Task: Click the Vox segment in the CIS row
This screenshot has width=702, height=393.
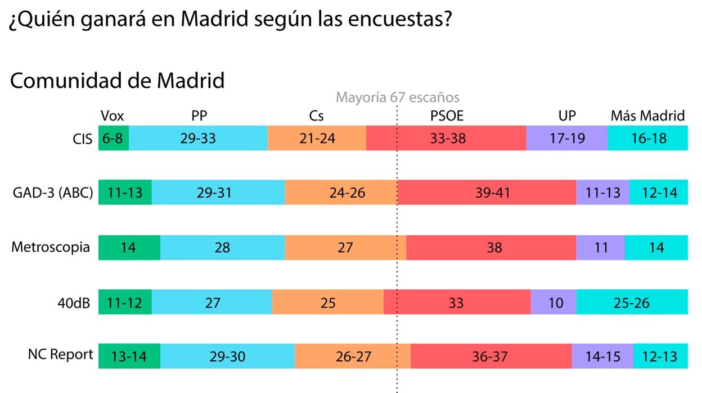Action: (x=114, y=138)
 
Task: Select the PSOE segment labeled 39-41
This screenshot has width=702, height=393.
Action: (x=486, y=193)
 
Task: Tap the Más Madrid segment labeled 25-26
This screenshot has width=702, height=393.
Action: (x=632, y=303)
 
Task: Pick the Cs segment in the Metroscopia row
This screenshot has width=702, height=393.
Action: (x=344, y=247)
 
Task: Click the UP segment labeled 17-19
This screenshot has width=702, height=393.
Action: (x=566, y=138)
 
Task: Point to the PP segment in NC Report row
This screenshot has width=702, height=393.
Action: (x=227, y=356)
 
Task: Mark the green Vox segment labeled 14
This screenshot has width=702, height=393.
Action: (x=129, y=247)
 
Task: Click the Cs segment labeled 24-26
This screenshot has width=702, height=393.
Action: (x=340, y=193)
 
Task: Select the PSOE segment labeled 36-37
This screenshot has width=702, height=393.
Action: (x=491, y=356)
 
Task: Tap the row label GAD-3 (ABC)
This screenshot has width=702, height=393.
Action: (x=53, y=193)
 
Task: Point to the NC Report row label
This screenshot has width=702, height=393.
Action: (x=61, y=355)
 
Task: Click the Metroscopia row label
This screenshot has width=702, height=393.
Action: (x=51, y=247)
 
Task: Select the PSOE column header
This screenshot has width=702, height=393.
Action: (x=447, y=116)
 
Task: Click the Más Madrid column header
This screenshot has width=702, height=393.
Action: (x=647, y=116)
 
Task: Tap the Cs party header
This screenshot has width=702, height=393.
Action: (x=316, y=116)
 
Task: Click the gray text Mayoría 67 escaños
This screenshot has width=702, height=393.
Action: (x=397, y=97)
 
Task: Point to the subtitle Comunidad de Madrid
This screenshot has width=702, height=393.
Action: (x=117, y=81)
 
